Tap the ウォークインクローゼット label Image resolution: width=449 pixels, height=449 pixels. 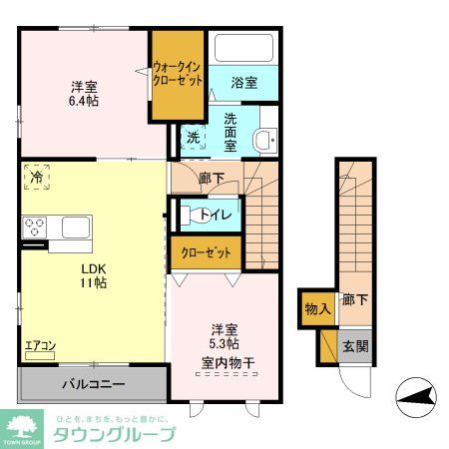pyautogui.click(x=179, y=75)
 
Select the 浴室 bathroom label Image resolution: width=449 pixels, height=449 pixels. pyautogui.click(x=244, y=83)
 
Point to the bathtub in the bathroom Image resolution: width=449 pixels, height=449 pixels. pyautogui.click(x=245, y=50)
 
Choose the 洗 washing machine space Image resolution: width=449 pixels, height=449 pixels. pyautogui.click(x=194, y=138)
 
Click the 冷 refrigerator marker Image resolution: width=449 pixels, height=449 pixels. pyautogui.click(x=36, y=176)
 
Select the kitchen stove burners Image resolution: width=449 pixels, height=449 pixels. pyautogui.click(x=36, y=226)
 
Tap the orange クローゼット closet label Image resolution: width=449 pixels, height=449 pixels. pyautogui.click(x=206, y=252)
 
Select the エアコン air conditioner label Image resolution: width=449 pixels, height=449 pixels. pyautogui.click(x=40, y=346)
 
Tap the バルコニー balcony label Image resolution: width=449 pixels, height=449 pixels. pyautogui.click(x=93, y=383)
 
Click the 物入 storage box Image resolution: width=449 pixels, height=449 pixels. pyautogui.click(x=317, y=309)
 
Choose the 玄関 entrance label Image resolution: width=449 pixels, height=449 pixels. pyautogui.click(x=355, y=346)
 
